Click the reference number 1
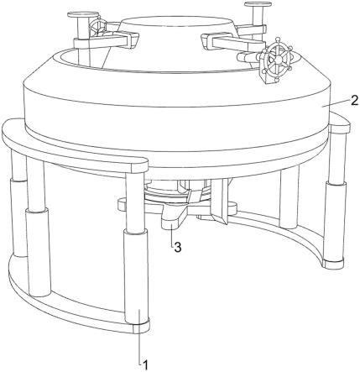pos(145,365)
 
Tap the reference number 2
pos(354,100)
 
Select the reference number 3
pos(178,247)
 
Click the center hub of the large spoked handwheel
pos(274,60)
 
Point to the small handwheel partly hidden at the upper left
pos(97,27)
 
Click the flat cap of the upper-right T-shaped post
pos(258,4)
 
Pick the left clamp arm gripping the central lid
pos(107,40)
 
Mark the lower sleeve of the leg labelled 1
pos(135,277)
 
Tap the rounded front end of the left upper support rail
pos(139,165)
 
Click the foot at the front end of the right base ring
pos(333,264)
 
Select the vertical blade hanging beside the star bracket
pos(219,201)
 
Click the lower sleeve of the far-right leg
pos(335,221)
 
